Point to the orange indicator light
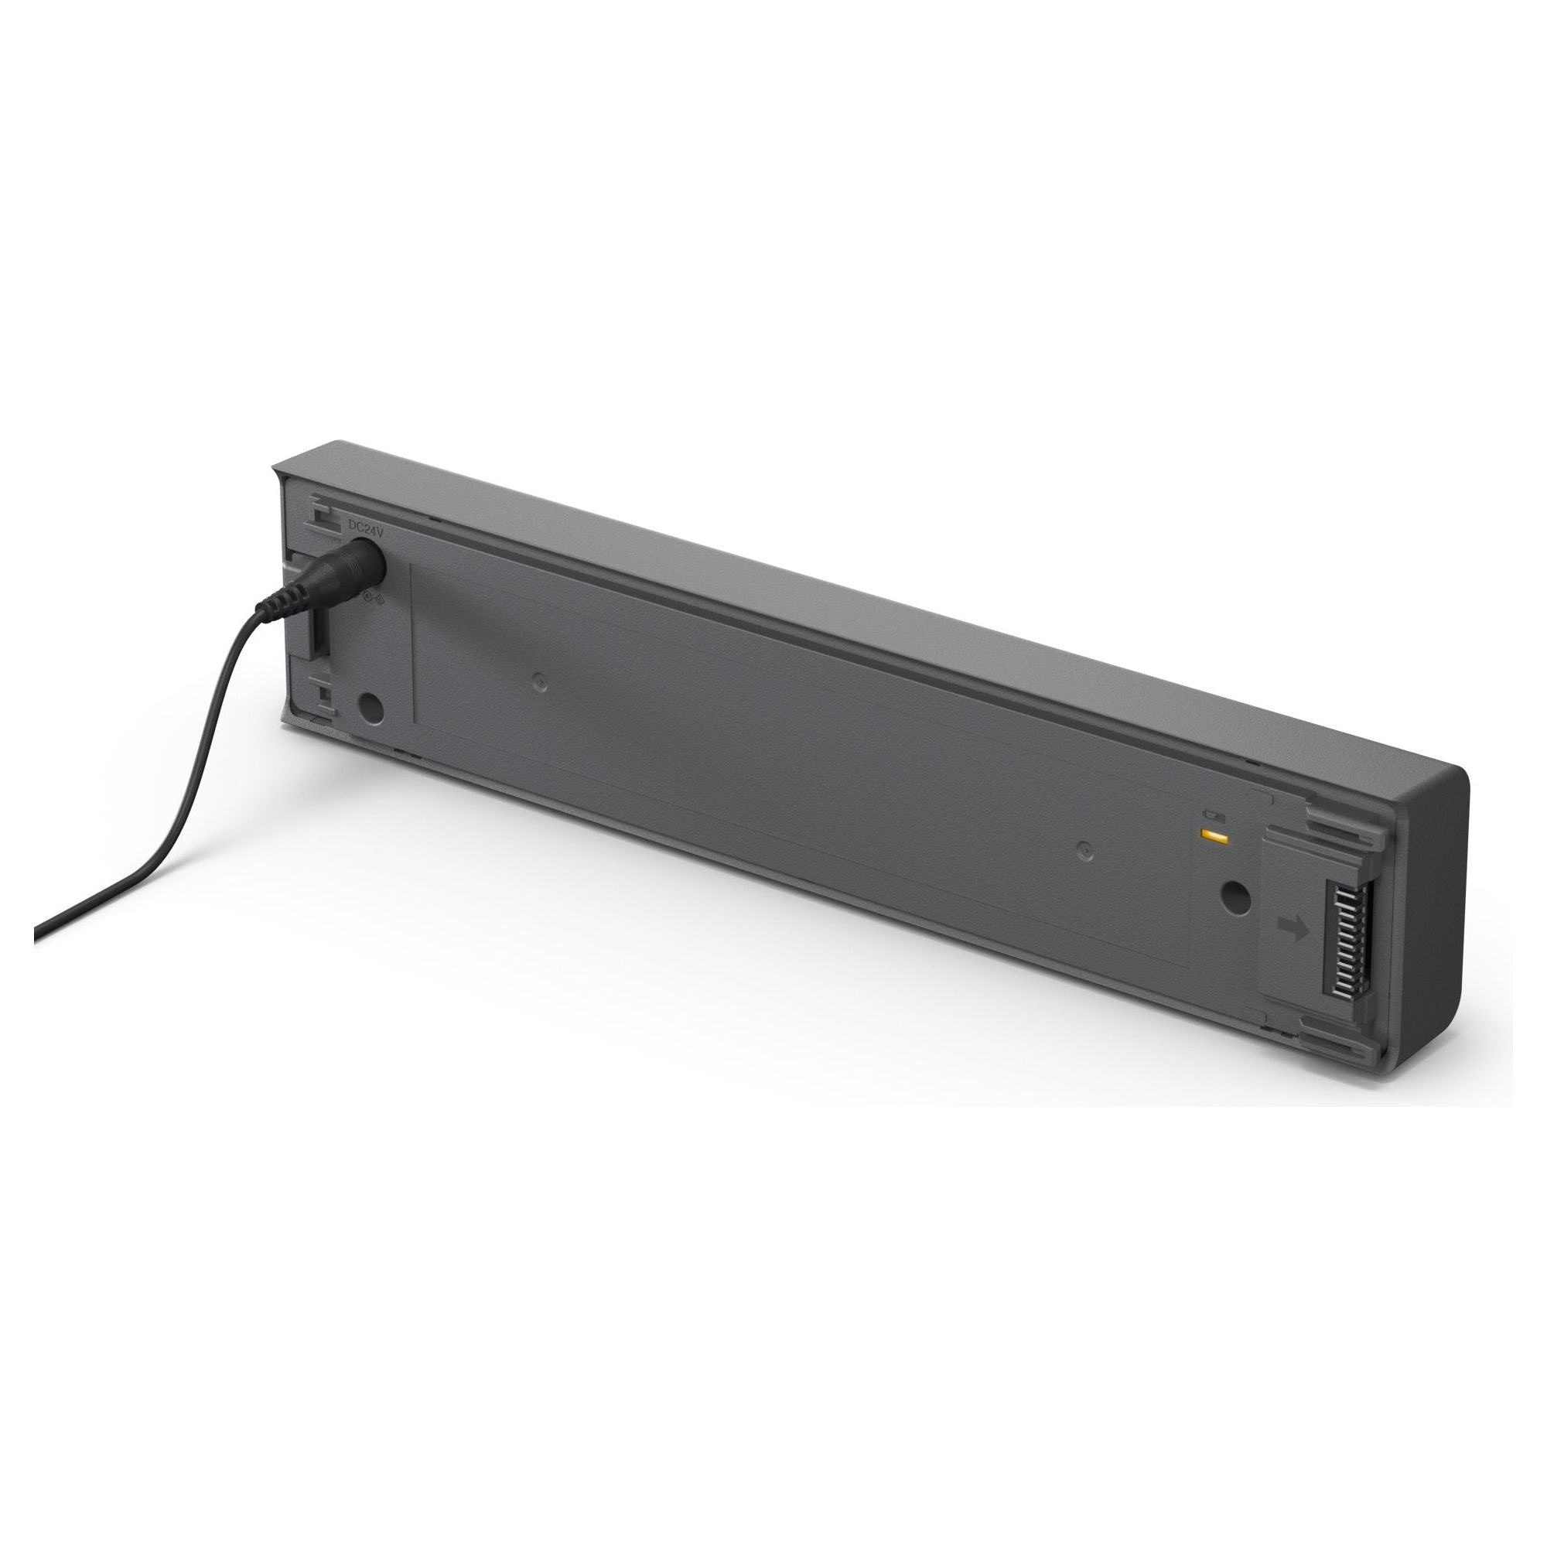point(1214,838)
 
